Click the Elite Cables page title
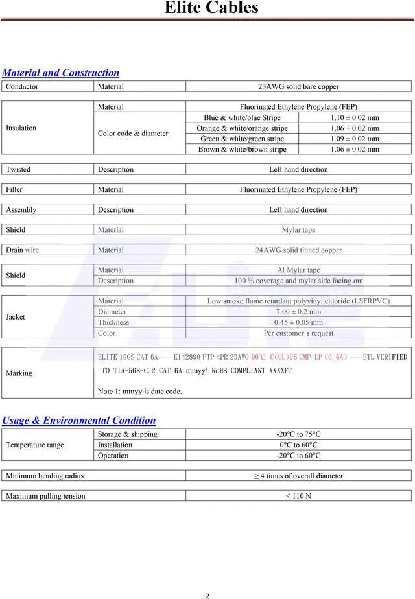(211, 8)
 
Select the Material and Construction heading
(61, 73)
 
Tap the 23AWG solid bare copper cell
(298, 86)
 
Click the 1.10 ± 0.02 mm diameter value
(355, 118)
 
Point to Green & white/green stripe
(242, 139)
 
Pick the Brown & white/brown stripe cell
(242, 149)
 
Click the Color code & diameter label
(133, 134)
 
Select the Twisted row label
(18, 169)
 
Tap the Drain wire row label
(23, 250)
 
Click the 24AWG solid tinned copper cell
(298, 250)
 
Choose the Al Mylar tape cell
(298, 270)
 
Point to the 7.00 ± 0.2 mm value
(298, 312)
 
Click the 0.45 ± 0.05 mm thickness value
(298, 322)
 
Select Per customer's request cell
(298, 333)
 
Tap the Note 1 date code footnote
(139, 392)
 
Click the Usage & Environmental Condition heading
(79, 421)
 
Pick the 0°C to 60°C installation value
(298, 445)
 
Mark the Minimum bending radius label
(45, 476)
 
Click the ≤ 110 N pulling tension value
(298, 496)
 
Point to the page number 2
(207, 596)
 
